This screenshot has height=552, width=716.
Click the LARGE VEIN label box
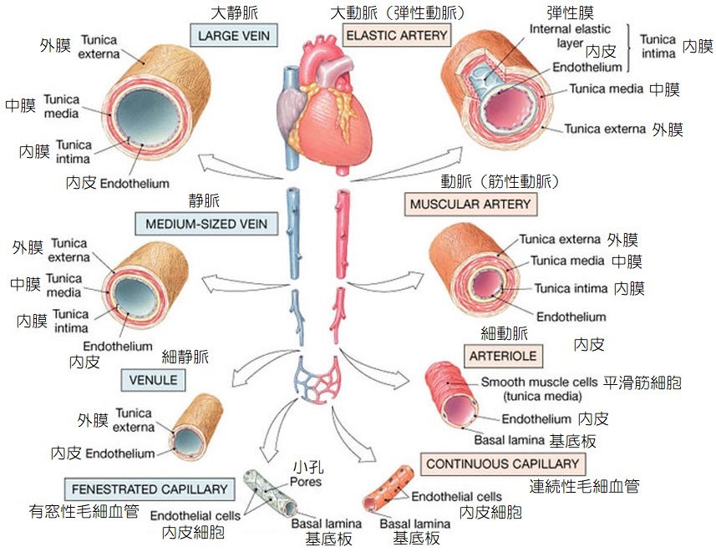235,35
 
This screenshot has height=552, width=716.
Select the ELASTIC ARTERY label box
397,36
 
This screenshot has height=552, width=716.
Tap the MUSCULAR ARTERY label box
470,204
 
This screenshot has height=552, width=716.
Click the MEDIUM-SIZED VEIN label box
206,224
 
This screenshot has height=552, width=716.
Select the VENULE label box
153,380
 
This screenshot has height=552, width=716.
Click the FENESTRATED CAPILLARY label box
150,489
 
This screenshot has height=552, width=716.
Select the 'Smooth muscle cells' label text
539,383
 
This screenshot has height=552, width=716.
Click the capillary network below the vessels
317,380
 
